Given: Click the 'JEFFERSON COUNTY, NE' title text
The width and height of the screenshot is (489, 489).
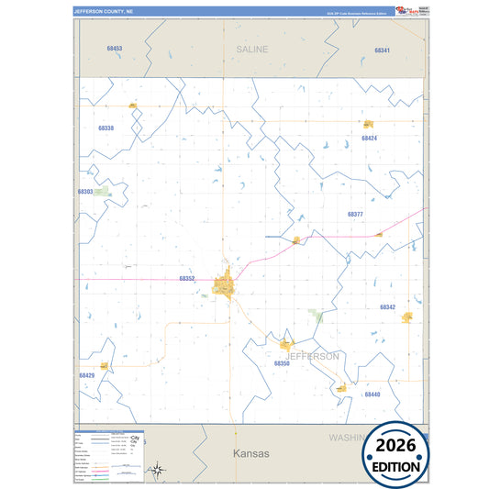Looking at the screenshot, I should click(x=103, y=12).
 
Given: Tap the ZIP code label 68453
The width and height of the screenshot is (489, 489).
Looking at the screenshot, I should click(x=114, y=49).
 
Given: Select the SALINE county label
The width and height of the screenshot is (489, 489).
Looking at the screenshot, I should click(x=251, y=50).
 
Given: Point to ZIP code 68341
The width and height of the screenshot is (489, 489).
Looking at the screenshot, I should click(x=383, y=50).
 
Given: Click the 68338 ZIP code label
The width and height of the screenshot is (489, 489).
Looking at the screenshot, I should click(x=106, y=128).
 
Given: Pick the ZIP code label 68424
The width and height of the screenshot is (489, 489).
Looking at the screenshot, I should click(x=369, y=139).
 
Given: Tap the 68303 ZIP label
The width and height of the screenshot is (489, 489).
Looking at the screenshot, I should click(x=85, y=192).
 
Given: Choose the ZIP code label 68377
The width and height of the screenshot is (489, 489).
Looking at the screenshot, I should click(x=356, y=214).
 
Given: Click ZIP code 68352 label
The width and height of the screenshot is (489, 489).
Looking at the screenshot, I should click(x=187, y=278).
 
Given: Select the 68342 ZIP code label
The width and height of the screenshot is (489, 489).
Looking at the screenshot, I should click(x=387, y=307).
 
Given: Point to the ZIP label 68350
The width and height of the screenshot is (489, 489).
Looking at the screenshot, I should click(x=282, y=364).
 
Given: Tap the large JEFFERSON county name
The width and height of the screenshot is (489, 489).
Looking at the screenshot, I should click(x=312, y=356).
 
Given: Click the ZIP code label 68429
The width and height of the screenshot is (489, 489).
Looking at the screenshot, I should click(x=86, y=375).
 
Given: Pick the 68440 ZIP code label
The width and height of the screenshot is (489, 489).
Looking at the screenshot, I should click(x=372, y=395).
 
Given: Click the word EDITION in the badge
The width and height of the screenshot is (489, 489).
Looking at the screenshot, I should click(x=399, y=466).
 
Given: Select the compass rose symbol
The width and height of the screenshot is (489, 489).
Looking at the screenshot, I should click(x=158, y=472).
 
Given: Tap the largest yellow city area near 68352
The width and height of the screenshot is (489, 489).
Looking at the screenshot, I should click(x=223, y=287).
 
